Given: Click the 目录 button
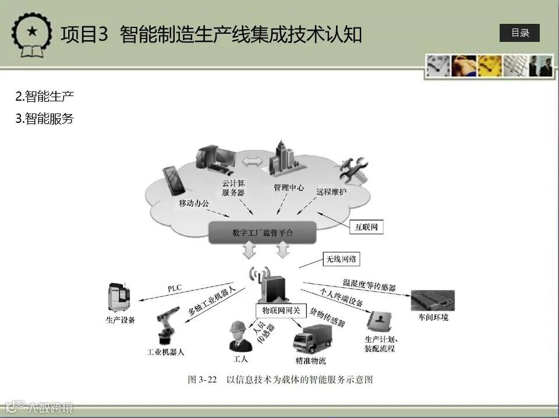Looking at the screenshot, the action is (519, 33).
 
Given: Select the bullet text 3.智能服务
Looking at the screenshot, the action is (45, 119).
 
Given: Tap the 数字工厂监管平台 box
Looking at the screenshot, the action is (263, 232).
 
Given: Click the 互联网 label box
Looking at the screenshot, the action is (367, 227).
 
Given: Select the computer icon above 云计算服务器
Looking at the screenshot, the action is (215, 160).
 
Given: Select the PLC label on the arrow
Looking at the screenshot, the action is (175, 288).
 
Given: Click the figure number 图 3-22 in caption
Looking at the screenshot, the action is (202, 380).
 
